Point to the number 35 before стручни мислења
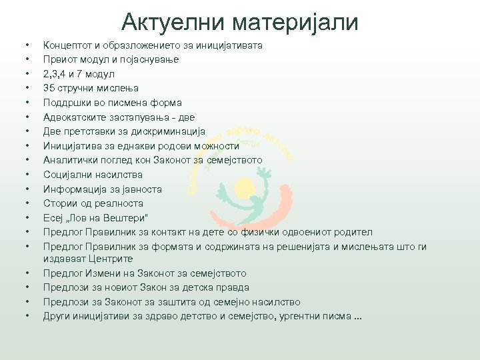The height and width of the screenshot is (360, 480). [x=49, y=88]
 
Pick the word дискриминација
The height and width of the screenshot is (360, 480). [x=167, y=131]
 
